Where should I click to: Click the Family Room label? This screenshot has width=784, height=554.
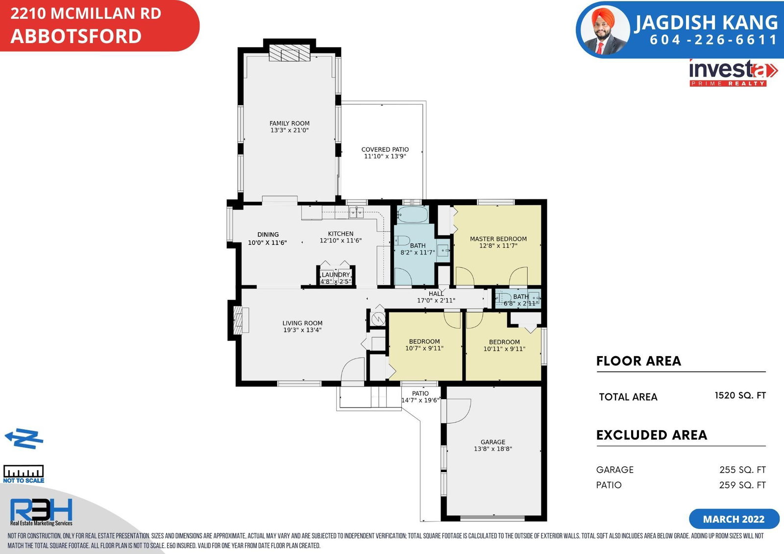coord(290,123)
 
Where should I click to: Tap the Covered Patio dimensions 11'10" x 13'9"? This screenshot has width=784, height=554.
coord(385,156)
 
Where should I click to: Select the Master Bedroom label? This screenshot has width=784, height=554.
coord(498,239)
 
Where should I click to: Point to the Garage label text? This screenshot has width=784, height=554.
coord(493,442)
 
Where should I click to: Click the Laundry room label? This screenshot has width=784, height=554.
coord(336,275)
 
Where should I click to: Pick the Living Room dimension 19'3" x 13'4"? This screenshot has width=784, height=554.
coord(302,330)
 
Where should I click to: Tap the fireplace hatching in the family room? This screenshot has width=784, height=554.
coord(290,52)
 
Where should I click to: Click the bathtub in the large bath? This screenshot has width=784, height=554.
coord(413,214)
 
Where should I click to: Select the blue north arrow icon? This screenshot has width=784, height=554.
coord(24,438)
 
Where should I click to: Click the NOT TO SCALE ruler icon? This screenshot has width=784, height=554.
coord(24,474)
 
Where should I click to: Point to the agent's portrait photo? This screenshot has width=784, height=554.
coord(605,31)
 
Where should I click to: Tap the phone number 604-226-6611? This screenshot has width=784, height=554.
coord(713,40)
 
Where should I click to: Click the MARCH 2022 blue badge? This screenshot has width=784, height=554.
coord(734,519)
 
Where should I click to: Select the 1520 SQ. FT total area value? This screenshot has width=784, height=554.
coord(740,395)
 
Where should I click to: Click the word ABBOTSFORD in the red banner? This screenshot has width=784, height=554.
coord(76,36)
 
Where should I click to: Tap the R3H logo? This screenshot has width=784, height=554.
coord(41,512)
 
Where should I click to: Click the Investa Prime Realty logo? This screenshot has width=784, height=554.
coord(733,73)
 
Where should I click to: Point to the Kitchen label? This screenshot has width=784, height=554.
coord(341,234)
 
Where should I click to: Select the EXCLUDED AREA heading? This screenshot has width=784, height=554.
coord(652,435)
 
